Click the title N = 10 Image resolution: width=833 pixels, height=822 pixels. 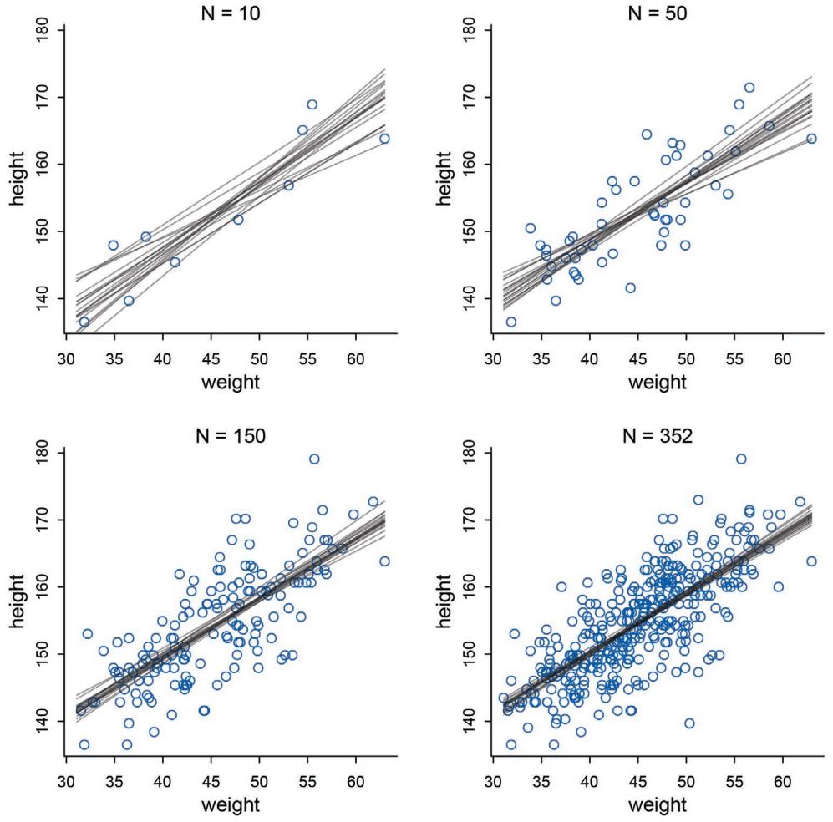click(225, 11)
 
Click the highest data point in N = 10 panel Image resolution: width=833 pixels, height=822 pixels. click(312, 104)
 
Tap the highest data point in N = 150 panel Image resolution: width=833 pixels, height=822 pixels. click(314, 459)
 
